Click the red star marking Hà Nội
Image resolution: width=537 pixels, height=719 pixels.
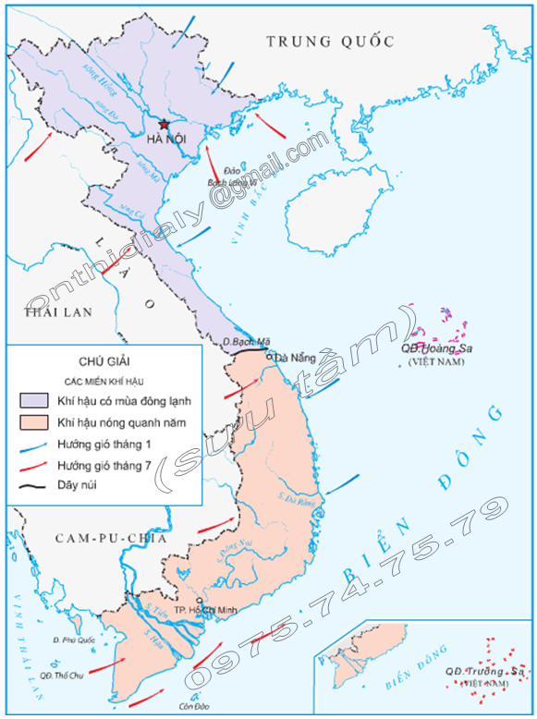[165, 124]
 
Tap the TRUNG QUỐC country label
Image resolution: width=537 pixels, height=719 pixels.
[330, 41]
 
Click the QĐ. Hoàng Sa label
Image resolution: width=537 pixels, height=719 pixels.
[436, 348]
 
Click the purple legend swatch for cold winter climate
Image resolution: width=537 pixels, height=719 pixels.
[33, 400]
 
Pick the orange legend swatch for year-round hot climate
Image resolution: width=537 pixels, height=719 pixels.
[33, 422]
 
